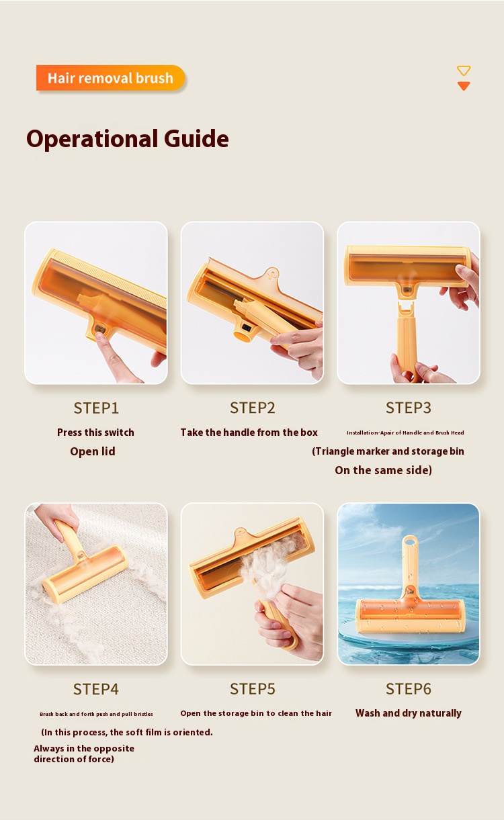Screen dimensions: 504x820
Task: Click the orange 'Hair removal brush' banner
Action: click(x=111, y=78)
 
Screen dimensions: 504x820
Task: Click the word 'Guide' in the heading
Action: click(x=196, y=139)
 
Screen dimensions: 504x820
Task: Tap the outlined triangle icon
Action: click(x=463, y=71)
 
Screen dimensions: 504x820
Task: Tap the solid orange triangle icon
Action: click(x=463, y=86)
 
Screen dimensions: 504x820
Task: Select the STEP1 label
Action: click(x=96, y=408)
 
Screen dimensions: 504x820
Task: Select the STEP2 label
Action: click(x=253, y=408)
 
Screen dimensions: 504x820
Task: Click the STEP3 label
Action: click(x=409, y=408)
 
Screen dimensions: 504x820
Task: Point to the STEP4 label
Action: click(x=96, y=689)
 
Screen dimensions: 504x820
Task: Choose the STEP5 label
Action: click(x=253, y=689)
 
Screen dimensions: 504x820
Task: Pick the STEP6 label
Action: click(x=409, y=689)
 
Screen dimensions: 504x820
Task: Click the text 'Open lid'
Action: click(x=93, y=451)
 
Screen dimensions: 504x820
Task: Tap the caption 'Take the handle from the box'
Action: click(x=249, y=432)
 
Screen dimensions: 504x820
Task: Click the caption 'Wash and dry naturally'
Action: click(x=409, y=713)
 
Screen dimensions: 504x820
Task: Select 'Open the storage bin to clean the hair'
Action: click(x=256, y=713)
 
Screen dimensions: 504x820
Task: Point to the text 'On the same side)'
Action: click(x=384, y=470)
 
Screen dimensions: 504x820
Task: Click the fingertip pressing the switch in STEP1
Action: click(x=101, y=336)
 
